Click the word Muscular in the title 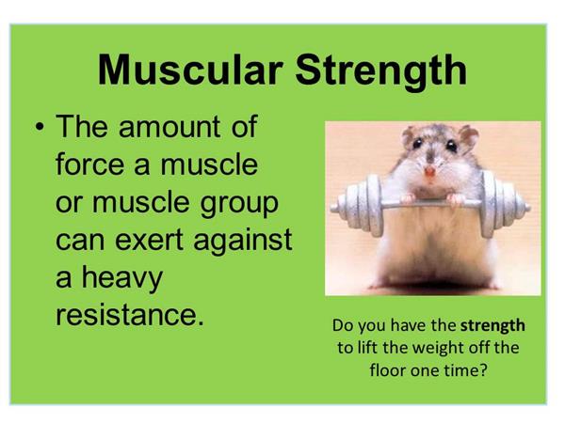click(x=190, y=70)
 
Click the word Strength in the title click(x=381, y=72)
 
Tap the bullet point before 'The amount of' click(x=40, y=127)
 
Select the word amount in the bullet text click(x=169, y=127)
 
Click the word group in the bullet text click(x=239, y=204)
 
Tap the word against click(x=243, y=242)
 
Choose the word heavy click(x=122, y=279)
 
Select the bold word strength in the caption click(x=492, y=326)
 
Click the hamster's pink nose click(x=429, y=172)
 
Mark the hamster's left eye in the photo click(x=417, y=144)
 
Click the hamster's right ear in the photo click(x=469, y=136)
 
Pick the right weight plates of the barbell click(x=502, y=204)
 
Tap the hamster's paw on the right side click(x=455, y=199)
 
